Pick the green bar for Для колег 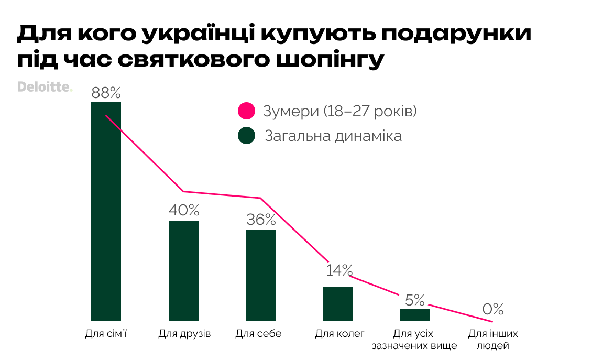pos(338,304)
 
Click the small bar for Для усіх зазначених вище pos(415,315)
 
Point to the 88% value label pos(106,93)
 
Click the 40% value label pos(184,211)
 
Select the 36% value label pos(261,220)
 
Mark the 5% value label pos(415,300)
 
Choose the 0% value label pos(492,309)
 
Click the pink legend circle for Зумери pos(246,112)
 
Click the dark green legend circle pos(246,136)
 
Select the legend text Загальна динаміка pos(333,136)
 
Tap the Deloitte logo pos(45,87)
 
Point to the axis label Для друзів pos(184,334)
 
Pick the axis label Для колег pos(339,334)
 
